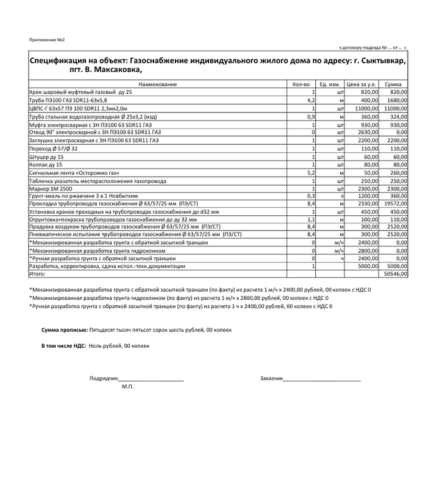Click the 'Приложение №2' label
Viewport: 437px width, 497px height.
click(x=47, y=40)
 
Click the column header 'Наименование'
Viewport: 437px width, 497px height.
click(x=158, y=84)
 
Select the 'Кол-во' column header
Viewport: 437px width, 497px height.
click(x=301, y=84)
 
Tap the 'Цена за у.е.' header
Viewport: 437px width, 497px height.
click(x=361, y=84)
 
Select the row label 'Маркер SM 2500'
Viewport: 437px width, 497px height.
click(x=51, y=188)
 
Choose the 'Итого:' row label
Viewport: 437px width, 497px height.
click(x=38, y=273)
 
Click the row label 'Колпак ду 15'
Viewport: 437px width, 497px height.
click(x=47, y=164)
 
